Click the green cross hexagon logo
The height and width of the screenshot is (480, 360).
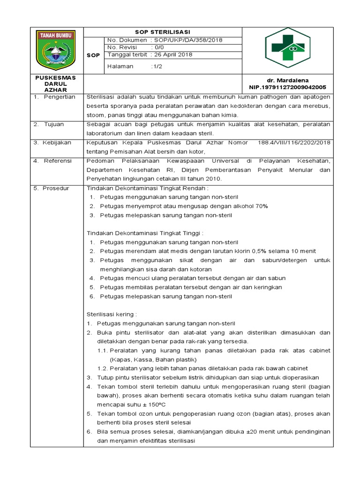(x=288, y=48)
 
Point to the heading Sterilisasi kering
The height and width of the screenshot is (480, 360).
(x=112, y=315)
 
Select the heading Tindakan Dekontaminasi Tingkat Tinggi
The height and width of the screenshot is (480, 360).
(x=146, y=233)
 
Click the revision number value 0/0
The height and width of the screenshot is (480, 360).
(x=157, y=47)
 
